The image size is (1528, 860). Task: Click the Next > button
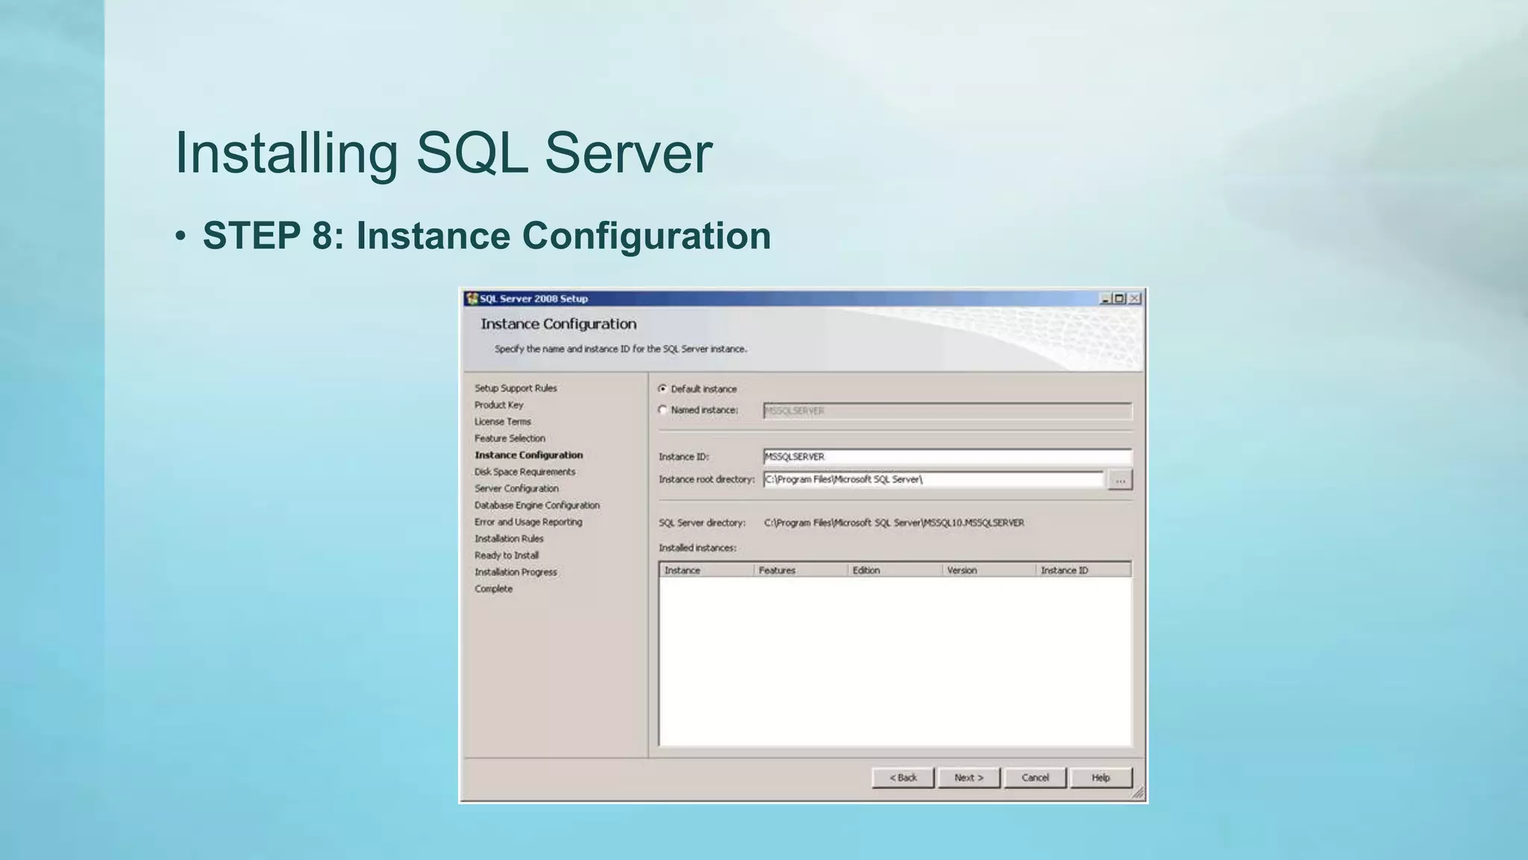tap(968, 778)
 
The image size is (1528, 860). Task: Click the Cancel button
tap(1035, 778)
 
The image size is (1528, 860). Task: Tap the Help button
tap(1100, 778)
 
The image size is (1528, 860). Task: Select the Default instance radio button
tap(663, 389)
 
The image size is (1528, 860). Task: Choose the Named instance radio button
tap(663, 410)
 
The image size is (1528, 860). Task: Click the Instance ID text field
tap(947, 457)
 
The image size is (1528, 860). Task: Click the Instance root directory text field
tap(933, 479)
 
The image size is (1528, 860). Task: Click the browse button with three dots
tap(1120, 480)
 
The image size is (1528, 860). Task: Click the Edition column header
tap(866, 570)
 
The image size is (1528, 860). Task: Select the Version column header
tap(962, 570)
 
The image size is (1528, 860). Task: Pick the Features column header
tap(777, 570)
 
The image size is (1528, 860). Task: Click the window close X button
tap(1135, 299)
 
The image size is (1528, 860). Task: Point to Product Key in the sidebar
tap(499, 405)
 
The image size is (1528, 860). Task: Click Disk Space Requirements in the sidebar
tap(525, 472)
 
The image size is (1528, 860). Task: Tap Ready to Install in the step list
tap(507, 555)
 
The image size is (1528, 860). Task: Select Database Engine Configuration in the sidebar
tap(537, 505)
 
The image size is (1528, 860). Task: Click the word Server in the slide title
tap(628, 153)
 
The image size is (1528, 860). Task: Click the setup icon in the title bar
tap(472, 299)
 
